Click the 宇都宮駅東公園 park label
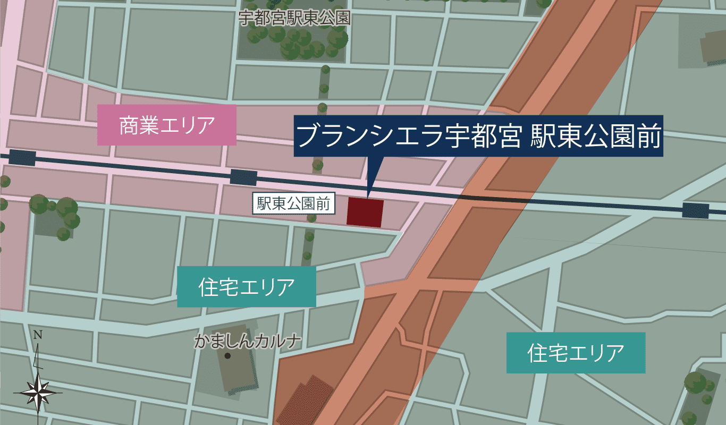pos(294,19)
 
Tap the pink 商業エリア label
pos(166,125)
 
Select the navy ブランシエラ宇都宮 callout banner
pos(478,137)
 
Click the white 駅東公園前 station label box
pos(294,203)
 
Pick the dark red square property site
pos(365,212)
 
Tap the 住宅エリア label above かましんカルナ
pos(246,287)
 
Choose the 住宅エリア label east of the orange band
pos(576,353)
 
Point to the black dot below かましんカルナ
pos(227,356)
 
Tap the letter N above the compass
pos(38,335)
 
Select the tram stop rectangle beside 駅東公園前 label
pos(243,177)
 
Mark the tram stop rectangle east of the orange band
pos(695,210)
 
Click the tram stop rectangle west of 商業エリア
pos(22,158)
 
